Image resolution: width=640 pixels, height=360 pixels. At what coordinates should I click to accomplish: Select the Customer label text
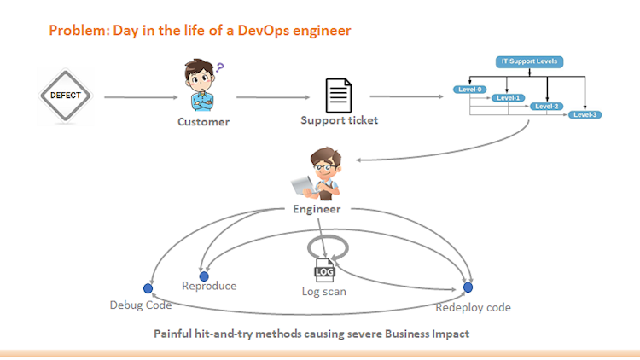click(x=203, y=121)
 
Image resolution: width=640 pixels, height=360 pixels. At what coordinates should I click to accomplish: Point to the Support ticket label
click(x=339, y=120)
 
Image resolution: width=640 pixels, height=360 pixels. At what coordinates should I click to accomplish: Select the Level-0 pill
click(x=471, y=89)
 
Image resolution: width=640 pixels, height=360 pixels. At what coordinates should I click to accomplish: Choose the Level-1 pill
click(x=509, y=97)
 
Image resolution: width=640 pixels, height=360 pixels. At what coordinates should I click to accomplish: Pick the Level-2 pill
click(x=546, y=106)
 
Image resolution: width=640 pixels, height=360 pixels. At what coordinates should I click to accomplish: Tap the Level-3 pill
click(x=585, y=114)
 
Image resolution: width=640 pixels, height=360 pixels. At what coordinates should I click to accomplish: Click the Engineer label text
click(x=317, y=209)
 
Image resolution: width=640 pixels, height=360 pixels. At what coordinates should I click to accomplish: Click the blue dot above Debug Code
click(x=148, y=287)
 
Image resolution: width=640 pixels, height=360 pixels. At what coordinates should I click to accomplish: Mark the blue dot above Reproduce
click(x=204, y=276)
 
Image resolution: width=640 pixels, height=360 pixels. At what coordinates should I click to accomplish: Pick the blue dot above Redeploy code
click(x=468, y=287)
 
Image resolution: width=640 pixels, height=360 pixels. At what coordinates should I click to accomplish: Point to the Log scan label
click(x=324, y=292)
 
